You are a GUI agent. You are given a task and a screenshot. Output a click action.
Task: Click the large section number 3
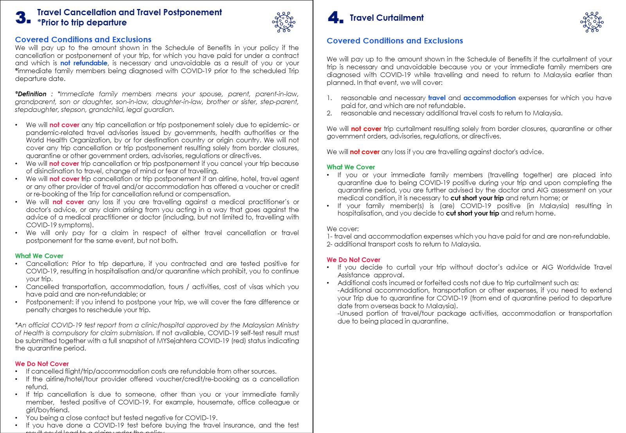tap(23, 18)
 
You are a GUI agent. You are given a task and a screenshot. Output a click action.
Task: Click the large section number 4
tap(335, 18)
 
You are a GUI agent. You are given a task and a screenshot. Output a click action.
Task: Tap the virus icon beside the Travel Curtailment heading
tap(592, 22)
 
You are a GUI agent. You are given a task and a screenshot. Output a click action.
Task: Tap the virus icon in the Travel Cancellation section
tap(284, 22)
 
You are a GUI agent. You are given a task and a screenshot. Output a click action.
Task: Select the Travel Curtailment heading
tap(386, 18)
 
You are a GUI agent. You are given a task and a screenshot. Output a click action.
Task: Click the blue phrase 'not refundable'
tap(84, 63)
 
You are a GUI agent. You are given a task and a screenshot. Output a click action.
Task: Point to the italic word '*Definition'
tap(31, 94)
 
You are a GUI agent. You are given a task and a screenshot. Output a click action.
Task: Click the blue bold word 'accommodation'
tap(489, 98)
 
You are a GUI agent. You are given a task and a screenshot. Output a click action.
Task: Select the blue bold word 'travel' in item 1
tap(437, 98)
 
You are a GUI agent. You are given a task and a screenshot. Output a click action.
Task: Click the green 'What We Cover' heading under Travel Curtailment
tap(351, 167)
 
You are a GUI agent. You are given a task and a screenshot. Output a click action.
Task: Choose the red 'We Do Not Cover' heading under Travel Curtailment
tap(353, 260)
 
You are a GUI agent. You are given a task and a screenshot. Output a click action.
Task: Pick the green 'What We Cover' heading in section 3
tap(39, 256)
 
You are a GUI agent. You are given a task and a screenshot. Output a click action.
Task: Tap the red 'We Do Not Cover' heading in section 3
tap(42, 364)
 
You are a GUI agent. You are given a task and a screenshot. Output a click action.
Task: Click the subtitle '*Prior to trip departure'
tap(82, 23)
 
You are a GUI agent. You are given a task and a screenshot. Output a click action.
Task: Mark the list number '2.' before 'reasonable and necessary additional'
tap(330, 113)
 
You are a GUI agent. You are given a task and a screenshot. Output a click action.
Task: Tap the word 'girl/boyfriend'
tap(47, 410)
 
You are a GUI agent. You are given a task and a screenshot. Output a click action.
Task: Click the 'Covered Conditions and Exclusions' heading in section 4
tap(395, 41)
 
